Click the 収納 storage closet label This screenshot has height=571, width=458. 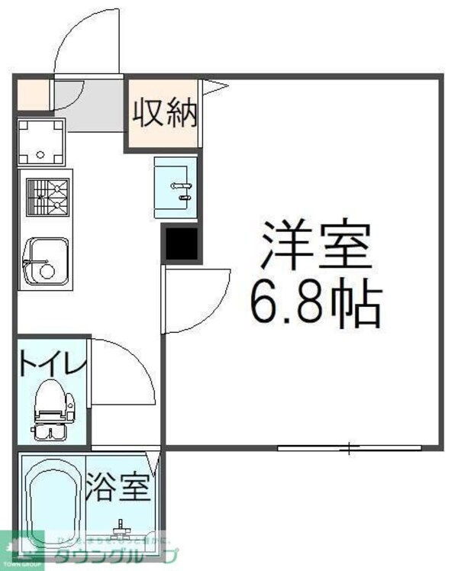pos(166,115)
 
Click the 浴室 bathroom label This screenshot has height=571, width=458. pos(118,488)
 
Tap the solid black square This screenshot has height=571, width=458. pos(181,244)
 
